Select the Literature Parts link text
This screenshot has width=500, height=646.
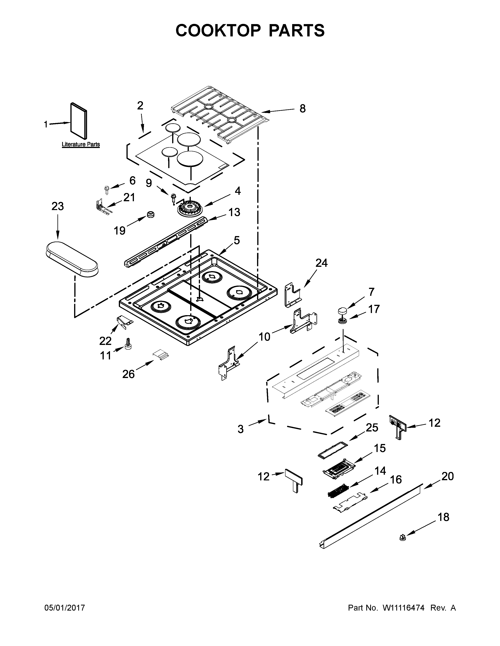point(81,144)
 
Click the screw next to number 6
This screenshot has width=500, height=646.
point(106,189)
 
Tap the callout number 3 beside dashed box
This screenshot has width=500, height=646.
point(241,429)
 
